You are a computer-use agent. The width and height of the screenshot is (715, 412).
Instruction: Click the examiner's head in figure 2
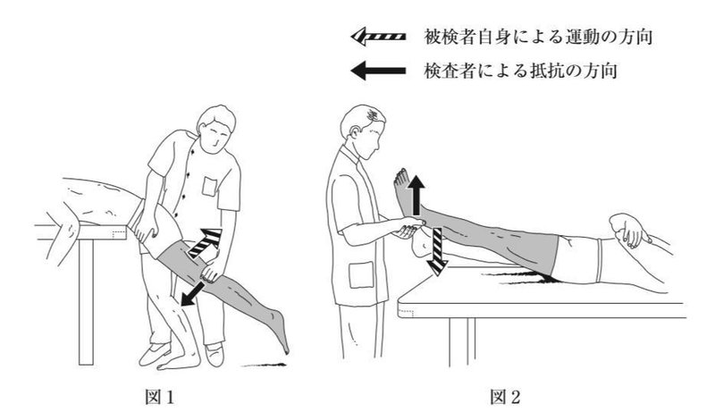point(366,126)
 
